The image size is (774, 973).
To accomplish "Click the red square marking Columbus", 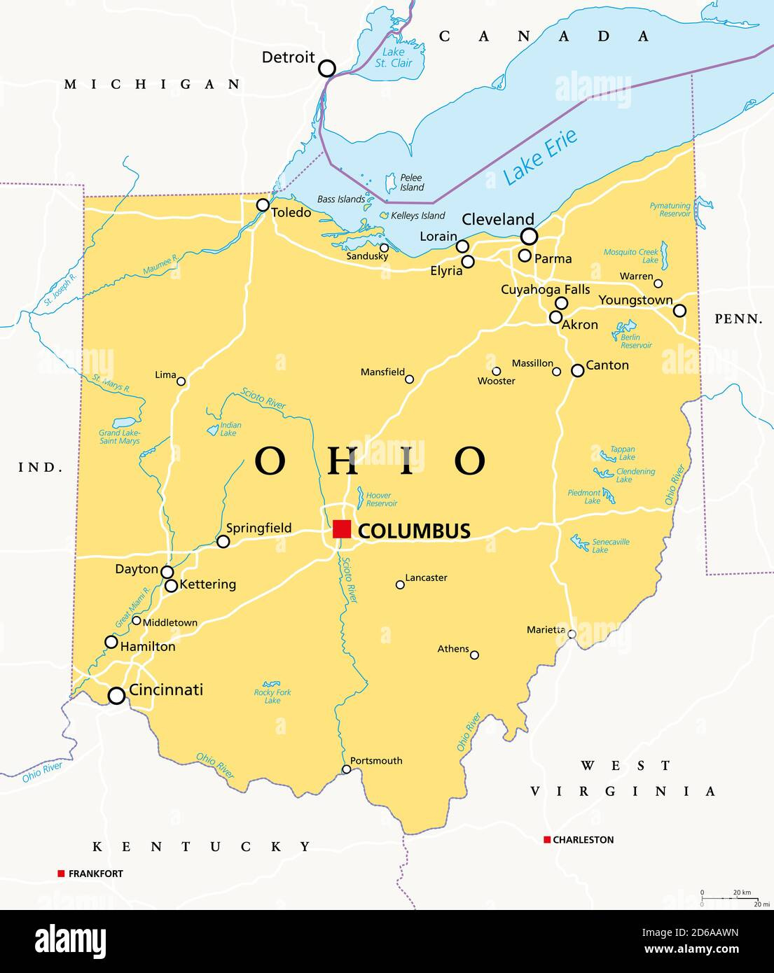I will coord(342,529).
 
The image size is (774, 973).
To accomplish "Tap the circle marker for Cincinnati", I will coord(116,696).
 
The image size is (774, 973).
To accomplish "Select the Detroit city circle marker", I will coord(327,68).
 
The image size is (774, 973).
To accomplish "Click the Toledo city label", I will coord(291,212).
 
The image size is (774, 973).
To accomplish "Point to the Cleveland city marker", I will coord(529,237).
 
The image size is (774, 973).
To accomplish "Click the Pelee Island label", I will coord(411,183).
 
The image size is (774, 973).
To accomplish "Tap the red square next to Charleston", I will coord(547,839).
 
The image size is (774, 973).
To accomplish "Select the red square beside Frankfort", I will coord(62,874).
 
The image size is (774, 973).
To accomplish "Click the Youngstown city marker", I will coord(679,311).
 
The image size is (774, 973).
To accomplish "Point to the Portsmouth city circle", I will coord(346,769).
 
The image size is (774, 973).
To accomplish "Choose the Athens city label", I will coord(452,649).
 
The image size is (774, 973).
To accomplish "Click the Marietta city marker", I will coord(572,634).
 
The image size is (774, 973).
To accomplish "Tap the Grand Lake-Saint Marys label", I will coord(119,437).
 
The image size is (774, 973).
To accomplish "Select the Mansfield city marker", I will coord(409,379).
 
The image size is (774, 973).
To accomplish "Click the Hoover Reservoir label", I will coord(381,499).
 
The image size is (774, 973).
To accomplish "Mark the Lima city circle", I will coord(181,381).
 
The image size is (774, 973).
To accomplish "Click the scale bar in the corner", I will coord(729,898).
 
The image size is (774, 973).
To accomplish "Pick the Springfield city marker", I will coord(223,542).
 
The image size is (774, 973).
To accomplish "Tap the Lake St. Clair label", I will coord(394,57).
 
